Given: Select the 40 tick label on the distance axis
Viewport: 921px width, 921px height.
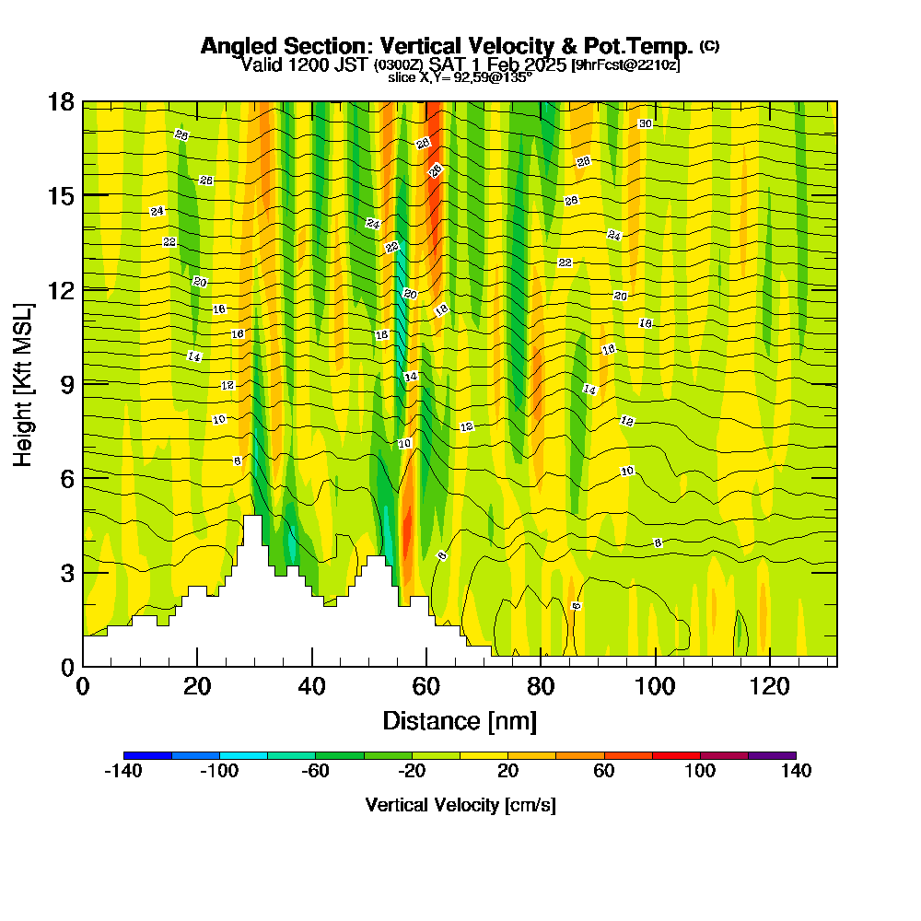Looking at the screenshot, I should click(312, 687).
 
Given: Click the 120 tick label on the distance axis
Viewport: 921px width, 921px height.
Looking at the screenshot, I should click(770, 687).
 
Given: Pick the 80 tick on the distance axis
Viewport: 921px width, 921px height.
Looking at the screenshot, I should click(541, 661).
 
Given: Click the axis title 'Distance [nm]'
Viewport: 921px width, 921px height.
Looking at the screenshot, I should click(460, 720).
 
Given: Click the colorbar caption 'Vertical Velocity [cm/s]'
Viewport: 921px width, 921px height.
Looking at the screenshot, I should click(460, 805).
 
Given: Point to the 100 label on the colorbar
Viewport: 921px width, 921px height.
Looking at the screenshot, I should click(700, 771).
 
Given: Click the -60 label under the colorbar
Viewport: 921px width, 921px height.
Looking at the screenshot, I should click(315, 771).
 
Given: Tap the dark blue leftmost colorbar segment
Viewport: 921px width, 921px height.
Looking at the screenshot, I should click(147, 755).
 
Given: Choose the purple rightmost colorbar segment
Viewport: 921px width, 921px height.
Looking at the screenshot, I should click(772, 755).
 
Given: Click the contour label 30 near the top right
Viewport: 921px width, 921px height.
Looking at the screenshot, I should click(645, 123).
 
